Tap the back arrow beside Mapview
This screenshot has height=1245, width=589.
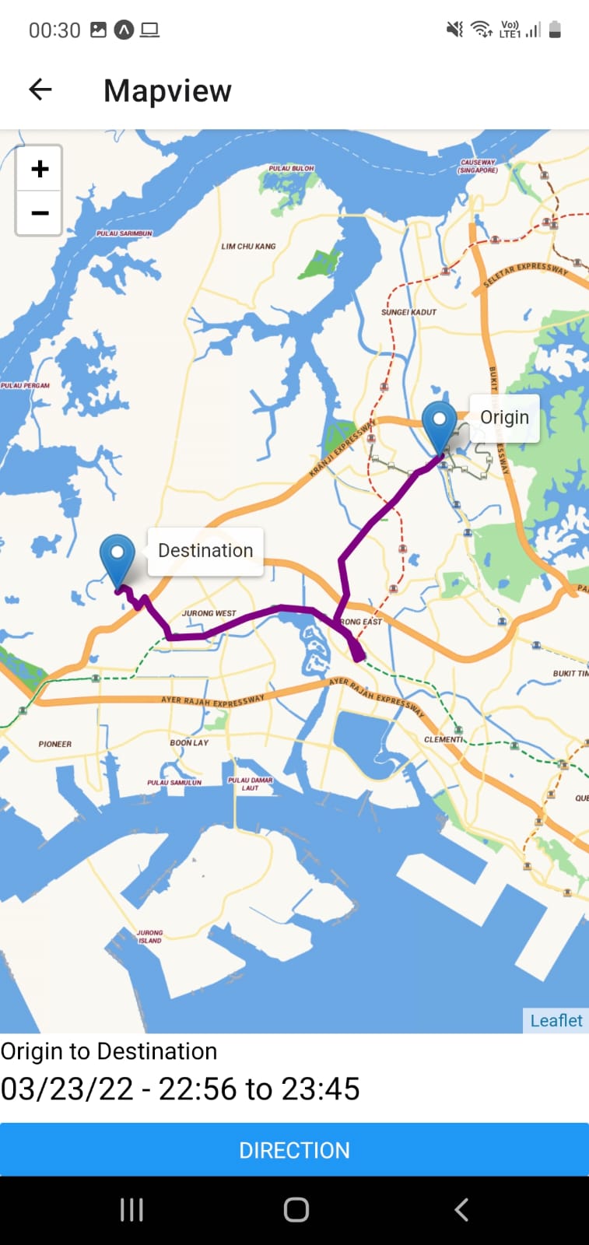coord(40,90)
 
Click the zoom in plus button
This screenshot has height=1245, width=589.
coord(40,169)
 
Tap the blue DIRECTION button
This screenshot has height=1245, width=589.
coord(294,1150)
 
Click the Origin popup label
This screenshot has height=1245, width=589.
coord(504,418)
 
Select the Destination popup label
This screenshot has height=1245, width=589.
coord(205,551)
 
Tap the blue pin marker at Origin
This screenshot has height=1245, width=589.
coord(439,425)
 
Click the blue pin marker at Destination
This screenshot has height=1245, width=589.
coord(117,558)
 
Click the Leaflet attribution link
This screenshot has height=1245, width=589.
coord(556,1021)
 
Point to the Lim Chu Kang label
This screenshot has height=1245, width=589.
coord(248,247)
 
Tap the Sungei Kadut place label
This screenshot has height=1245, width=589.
coord(408,312)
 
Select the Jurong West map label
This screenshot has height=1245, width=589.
coord(209,613)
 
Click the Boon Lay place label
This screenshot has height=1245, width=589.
coord(189,742)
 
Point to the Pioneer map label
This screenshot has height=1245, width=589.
coord(54,744)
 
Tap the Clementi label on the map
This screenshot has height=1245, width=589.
coord(444,739)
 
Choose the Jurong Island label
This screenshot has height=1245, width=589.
coord(149,936)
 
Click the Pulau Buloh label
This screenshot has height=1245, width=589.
coord(291,168)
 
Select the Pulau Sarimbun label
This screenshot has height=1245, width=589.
coord(124,233)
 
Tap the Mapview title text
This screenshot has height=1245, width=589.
coord(167,91)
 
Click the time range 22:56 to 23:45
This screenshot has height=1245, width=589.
coord(258,1089)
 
